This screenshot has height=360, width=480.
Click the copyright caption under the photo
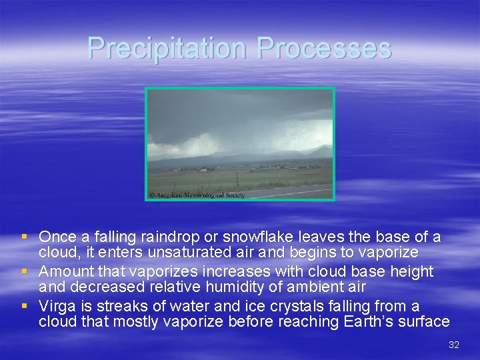(x=197, y=195)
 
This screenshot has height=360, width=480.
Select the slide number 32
(x=454, y=345)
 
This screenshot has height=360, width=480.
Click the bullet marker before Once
(x=25, y=237)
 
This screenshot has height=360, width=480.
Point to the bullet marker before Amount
(x=25, y=272)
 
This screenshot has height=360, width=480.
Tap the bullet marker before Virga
(x=25, y=307)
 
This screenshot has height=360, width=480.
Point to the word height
(x=411, y=271)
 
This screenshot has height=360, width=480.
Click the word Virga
(x=57, y=306)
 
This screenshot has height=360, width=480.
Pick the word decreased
(x=102, y=287)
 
